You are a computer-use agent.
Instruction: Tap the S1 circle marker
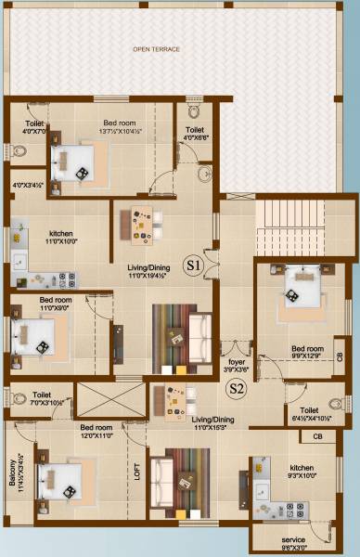(193, 265)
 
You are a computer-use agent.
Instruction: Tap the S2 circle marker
(237, 389)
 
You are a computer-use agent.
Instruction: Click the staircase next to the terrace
(289, 227)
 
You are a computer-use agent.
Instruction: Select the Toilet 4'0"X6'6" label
(195, 135)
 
